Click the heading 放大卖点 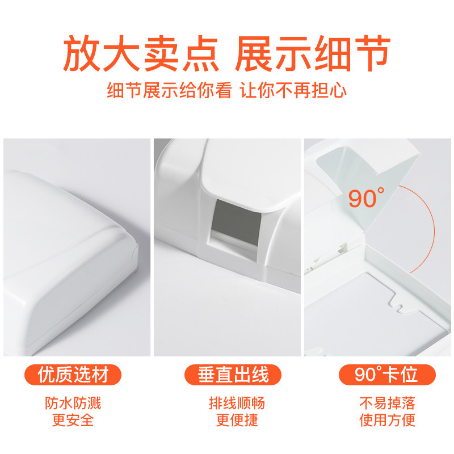click(141, 53)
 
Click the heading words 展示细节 click(313, 53)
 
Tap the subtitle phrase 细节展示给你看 click(169, 90)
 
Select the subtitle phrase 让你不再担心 click(293, 90)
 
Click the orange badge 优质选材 click(73, 375)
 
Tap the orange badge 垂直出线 click(233, 375)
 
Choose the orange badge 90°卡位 click(387, 375)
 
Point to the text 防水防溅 click(73, 403)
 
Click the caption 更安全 click(73, 420)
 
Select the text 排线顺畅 click(237, 403)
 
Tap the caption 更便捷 click(237, 420)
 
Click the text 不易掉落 click(387, 403)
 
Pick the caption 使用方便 click(387, 420)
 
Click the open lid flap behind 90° click(368, 186)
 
